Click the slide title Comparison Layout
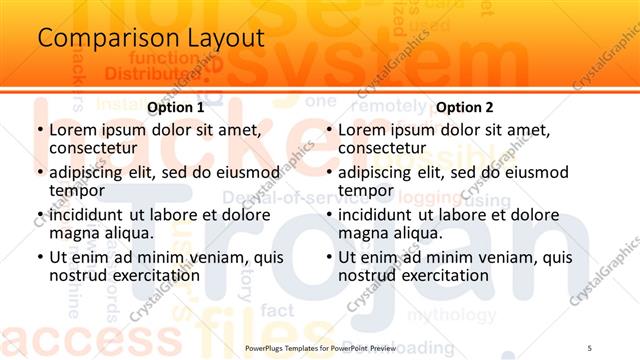tap(151, 39)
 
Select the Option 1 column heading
tap(175, 107)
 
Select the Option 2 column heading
tap(465, 107)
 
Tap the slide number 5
tap(589, 346)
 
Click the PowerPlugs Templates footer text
tap(320, 346)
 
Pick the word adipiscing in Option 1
tap(88, 172)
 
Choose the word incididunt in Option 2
tap(377, 215)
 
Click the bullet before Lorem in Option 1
tap(39, 130)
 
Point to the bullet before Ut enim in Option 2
tap(328, 257)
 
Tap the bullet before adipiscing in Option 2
tap(328, 172)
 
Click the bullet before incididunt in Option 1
tap(39, 215)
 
